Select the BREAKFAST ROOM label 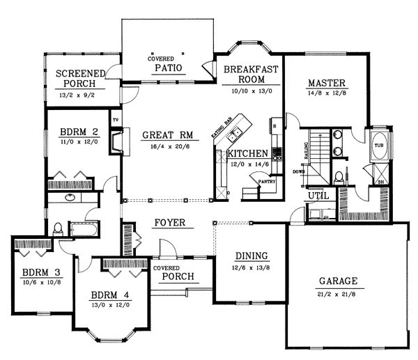pos(251,74)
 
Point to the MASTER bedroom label pos(327,84)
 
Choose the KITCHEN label pos(246,153)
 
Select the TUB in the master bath pos(379,146)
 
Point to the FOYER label pos(169,224)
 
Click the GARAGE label pos(338,281)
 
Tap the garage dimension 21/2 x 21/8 pos(338,293)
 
